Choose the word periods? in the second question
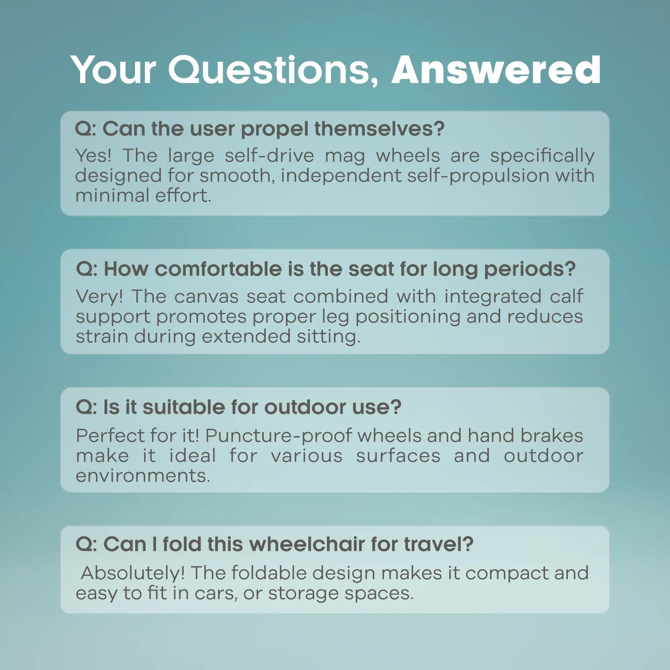530,270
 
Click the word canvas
206,297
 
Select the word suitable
184,407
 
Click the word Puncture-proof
278,436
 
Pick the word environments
143,476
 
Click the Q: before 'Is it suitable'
86,407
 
